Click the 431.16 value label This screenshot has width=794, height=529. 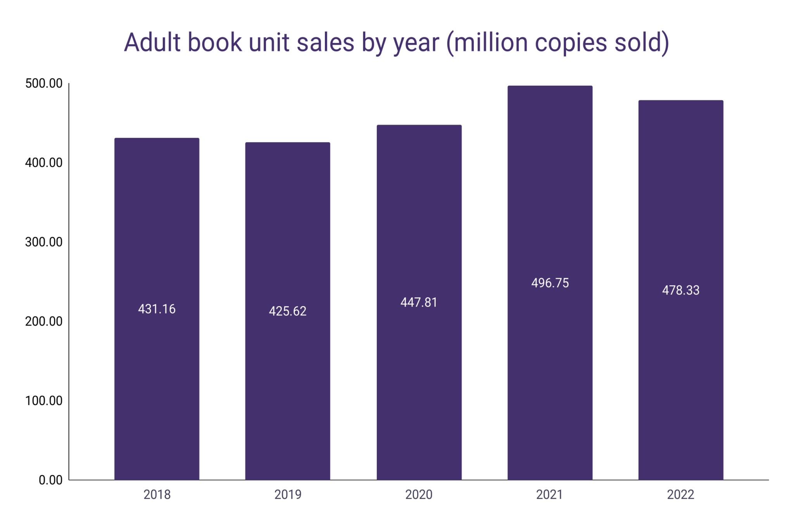point(157,309)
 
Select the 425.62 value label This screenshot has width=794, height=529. point(288,311)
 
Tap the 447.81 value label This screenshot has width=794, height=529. point(419,302)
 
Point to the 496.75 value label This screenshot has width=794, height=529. point(550,283)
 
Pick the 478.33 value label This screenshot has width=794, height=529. point(681,290)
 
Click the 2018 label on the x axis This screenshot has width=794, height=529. point(157,495)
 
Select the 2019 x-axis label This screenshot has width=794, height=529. point(288,495)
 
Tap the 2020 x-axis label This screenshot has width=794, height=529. point(419,495)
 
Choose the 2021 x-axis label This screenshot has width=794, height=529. point(549,495)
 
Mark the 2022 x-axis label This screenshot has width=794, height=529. point(680,495)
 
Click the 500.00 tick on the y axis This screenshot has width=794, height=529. point(44,83)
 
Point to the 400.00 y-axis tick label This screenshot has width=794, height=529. point(44,162)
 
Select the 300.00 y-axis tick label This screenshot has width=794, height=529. point(44,242)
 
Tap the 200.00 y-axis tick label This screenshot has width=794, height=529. point(44,321)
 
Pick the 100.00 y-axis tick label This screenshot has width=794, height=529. point(44,400)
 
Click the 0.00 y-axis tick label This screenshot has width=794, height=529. point(50,480)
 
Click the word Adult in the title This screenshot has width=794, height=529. point(152,42)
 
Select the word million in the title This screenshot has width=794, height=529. point(491,42)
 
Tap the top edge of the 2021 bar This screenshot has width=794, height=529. point(550,86)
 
